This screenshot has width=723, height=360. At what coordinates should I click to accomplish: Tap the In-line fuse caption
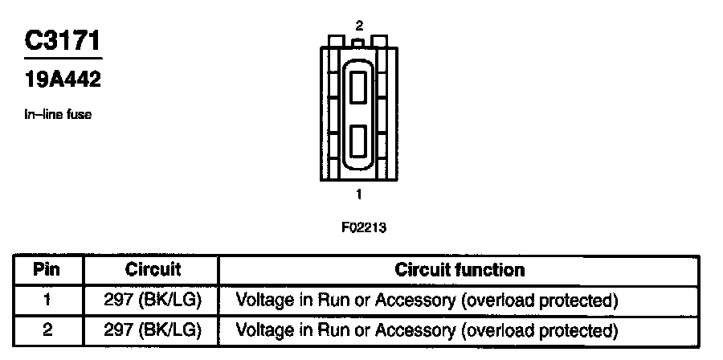(57, 115)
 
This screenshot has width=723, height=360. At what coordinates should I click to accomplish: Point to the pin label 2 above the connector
(358, 27)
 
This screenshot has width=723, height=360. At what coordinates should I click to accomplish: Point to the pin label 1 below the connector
(358, 194)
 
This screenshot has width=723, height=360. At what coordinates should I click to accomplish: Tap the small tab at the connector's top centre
(358, 40)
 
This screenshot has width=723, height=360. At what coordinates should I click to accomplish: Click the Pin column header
(47, 269)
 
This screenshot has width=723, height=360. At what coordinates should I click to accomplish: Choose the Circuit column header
(153, 269)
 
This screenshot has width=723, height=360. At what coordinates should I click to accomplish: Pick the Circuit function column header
(460, 269)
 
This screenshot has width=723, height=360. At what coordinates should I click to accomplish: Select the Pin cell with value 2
(47, 329)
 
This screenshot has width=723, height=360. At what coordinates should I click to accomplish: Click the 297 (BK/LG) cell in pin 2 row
(153, 329)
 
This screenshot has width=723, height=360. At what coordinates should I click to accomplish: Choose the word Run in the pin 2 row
(329, 329)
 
